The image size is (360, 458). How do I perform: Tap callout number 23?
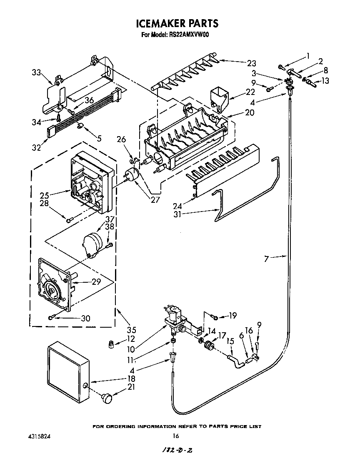point(251,63)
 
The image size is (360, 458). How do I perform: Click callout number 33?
point(36,72)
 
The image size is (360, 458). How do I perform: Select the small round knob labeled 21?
point(107,398)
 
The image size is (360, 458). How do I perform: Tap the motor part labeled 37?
point(93,244)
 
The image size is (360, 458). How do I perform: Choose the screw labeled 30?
point(51,318)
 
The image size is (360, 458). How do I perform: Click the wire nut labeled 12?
point(111,345)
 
